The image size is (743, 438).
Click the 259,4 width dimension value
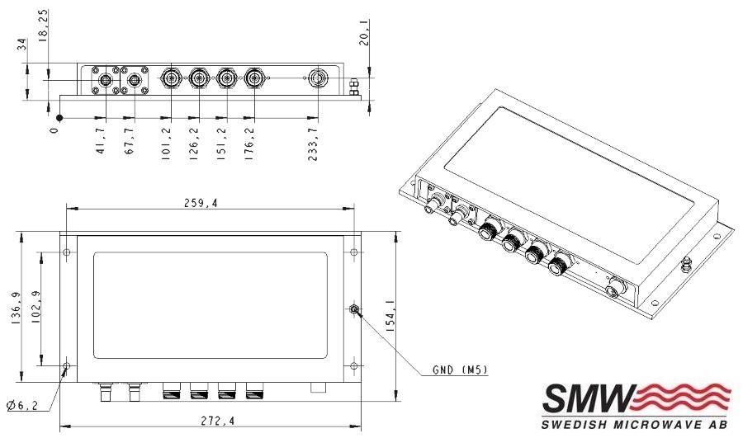[x=201, y=203]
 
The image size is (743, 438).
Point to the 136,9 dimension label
[x=15, y=308]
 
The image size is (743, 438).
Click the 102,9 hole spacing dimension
[x=35, y=308]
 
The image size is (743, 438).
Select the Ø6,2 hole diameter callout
[x=22, y=405]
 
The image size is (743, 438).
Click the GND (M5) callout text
[x=460, y=370]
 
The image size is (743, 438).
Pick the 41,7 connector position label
[x=100, y=140]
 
